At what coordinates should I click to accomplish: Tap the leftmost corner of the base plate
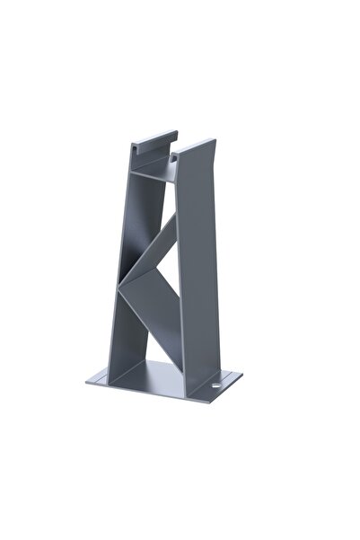[x=88, y=381]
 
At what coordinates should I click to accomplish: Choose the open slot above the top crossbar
[x=151, y=157]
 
